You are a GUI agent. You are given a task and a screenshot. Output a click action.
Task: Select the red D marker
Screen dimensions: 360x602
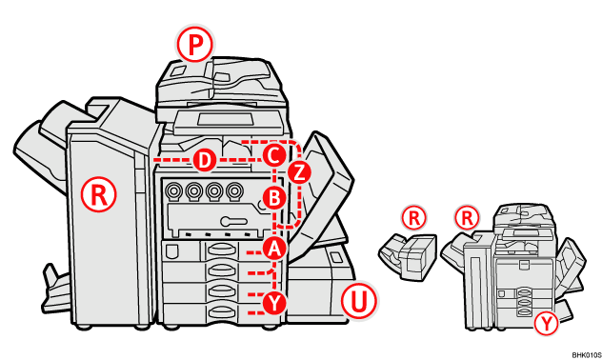(203, 158)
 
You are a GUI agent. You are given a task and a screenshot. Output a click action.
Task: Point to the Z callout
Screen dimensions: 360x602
(299, 171)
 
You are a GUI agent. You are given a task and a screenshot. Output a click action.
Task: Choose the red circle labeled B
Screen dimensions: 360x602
(273, 198)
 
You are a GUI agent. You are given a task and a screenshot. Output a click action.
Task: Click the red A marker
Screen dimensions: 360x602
(274, 248)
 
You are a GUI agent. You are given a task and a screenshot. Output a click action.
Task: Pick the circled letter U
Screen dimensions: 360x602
(359, 302)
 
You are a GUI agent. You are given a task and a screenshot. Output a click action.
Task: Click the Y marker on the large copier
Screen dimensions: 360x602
(274, 302)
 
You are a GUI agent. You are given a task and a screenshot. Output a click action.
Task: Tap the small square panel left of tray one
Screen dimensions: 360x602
(171, 250)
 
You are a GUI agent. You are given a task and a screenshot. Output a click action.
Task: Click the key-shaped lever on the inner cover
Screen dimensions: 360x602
(229, 221)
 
